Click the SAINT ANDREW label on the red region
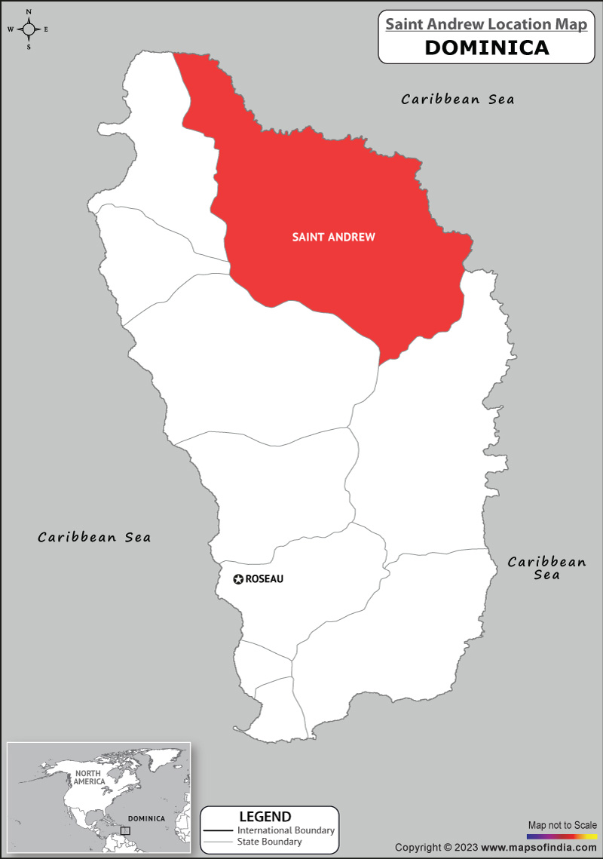pyautogui.click(x=333, y=237)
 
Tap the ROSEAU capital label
pyautogui.click(x=265, y=579)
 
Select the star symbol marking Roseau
pyautogui.click(x=238, y=579)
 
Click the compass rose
pyautogui.click(x=29, y=29)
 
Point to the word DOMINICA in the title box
pyautogui.click(x=486, y=48)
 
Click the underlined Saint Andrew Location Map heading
pyautogui.click(x=486, y=24)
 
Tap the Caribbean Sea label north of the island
pyautogui.click(x=458, y=99)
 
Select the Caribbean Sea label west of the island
pyautogui.click(x=94, y=537)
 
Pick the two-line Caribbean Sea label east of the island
pyautogui.click(x=546, y=568)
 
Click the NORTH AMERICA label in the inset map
pyautogui.click(x=89, y=778)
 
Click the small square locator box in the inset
pyautogui.click(x=125, y=830)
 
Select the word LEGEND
pyautogui.click(x=265, y=817)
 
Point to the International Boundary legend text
pyautogui.click(x=286, y=830)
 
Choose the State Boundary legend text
pyautogui.click(x=269, y=842)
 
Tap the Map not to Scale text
pyautogui.click(x=562, y=825)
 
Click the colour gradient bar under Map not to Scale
pyautogui.click(x=562, y=836)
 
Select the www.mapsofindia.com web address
pyautogui.click(x=537, y=848)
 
